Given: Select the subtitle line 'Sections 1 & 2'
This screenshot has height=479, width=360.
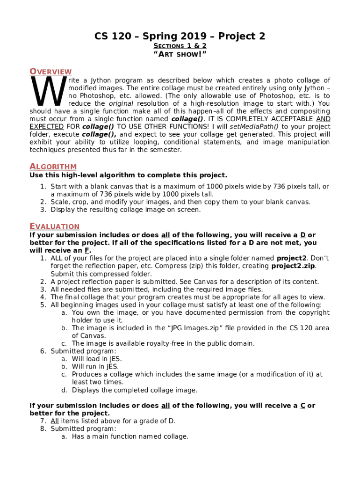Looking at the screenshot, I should tap(180, 46).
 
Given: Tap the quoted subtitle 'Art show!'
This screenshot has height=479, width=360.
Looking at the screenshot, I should tap(180, 55).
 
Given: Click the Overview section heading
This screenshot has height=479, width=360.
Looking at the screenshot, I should tap(50, 72).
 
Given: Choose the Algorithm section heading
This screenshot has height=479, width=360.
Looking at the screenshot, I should tap(53, 167).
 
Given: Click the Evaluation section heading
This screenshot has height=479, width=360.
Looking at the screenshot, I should tap(54, 226).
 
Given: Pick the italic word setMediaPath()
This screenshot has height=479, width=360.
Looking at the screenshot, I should tap(256, 127).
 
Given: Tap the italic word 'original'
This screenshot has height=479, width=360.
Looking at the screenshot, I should tap(121, 103).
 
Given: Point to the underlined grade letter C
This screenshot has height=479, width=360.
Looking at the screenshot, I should tap(302, 406).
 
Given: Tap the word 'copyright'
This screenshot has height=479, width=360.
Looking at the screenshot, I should tap(314, 312).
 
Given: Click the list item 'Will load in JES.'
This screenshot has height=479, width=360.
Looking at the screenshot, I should tap(97, 359).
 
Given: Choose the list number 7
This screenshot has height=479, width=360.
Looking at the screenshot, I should tap(43, 421).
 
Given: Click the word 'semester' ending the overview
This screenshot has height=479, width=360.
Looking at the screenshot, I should tap(166, 150).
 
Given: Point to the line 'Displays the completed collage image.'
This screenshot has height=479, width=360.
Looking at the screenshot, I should tap(134, 390).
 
